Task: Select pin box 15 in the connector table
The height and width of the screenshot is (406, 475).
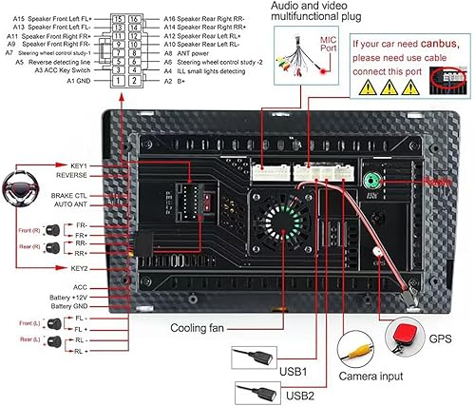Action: point(117,19)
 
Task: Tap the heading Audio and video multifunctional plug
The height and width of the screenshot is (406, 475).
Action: point(313,12)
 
